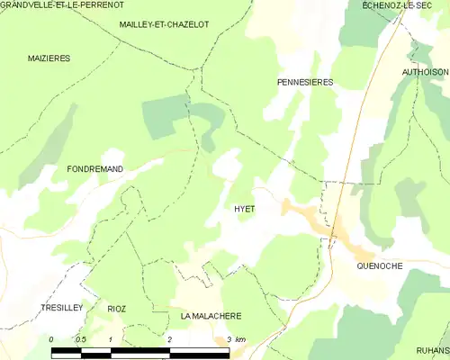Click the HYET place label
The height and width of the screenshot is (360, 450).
click(x=245, y=209)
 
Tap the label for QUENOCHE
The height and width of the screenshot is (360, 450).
click(x=379, y=265)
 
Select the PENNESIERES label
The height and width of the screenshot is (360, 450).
click(x=304, y=82)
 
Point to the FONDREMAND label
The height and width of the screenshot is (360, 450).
click(x=94, y=168)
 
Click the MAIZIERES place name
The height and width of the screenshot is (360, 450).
click(x=49, y=58)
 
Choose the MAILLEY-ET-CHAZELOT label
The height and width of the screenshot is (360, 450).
click(x=164, y=24)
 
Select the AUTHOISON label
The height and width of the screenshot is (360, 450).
click(x=425, y=71)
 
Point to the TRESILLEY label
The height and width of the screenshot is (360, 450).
click(x=62, y=308)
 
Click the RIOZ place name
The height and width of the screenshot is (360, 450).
click(x=117, y=309)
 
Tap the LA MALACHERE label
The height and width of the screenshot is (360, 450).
click(x=211, y=316)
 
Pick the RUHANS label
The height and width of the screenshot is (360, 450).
click(x=432, y=350)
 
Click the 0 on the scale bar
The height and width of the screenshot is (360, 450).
click(x=52, y=339)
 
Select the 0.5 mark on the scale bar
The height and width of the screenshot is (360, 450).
click(x=80, y=339)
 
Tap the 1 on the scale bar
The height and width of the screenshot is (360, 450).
click(x=110, y=339)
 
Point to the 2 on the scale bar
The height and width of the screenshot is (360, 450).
click(x=169, y=339)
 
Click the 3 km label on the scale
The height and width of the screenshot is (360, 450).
click(x=236, y=339)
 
